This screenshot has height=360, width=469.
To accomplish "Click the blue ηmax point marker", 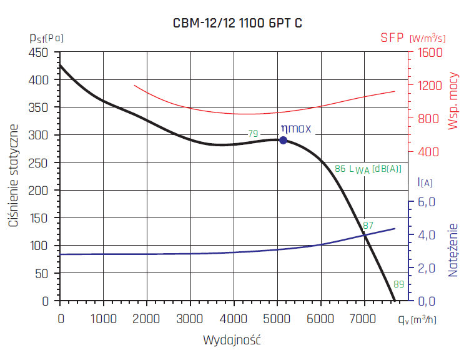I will [283, 140].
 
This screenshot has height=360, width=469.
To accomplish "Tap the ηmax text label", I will [295, 129].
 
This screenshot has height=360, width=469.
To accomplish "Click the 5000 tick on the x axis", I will [277, 319].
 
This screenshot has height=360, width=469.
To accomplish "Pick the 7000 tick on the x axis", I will [364, 319].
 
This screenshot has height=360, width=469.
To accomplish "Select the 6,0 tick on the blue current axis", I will [425, 202].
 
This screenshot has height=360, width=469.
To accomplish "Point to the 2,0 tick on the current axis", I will [425, 268].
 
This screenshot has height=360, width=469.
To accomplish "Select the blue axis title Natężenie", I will [453, 250].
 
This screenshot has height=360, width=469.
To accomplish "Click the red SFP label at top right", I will [393, 37].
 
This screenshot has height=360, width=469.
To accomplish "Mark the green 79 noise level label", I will [253, 133].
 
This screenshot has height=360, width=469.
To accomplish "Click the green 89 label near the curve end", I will [399, 284].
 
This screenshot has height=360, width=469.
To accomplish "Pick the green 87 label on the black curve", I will [368, 226].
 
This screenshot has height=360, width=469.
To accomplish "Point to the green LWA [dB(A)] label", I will [375, 169].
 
